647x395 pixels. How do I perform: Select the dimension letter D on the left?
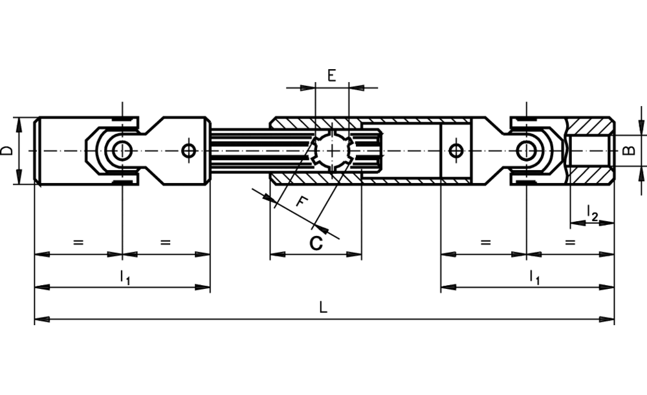[x=7, y=151]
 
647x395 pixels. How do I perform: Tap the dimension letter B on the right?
[x=628, y=151]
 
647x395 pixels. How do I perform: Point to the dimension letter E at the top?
[x=331, y=76]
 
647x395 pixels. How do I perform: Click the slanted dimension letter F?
[x=300, y=201]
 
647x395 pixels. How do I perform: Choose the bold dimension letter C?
[x=316, y=243]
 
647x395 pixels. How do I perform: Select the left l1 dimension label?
[x=125, y=277]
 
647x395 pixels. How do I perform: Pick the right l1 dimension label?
[x=534, y=277]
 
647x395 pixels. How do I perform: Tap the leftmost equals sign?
[x=78, y=243]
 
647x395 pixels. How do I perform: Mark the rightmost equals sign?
[x=570, y=243]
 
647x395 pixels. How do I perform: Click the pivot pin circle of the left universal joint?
[x=122, y=151]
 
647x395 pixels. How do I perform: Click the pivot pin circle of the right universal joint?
[x=527, y=151]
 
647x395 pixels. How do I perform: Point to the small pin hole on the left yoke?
[x=189, y=151]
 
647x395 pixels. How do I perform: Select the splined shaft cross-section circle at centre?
[x=331, y=151]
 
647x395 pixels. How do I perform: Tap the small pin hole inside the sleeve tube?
[x=456, y=151]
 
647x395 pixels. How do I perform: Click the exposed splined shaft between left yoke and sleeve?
[x=239, y=151]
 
